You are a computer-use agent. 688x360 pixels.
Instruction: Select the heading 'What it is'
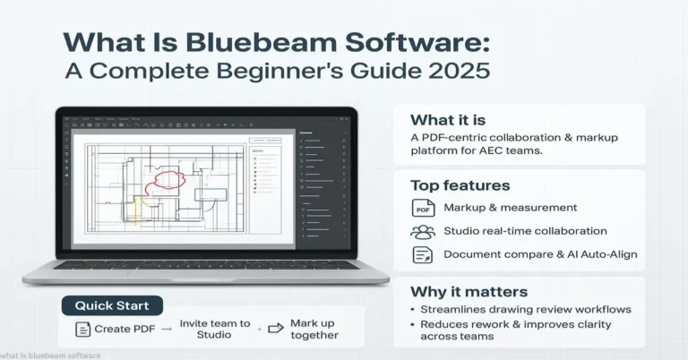(x=445, y=120)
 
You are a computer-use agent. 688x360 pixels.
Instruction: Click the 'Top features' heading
(x=460, y=185)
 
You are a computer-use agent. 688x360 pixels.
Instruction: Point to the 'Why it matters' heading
(x=469, y=291)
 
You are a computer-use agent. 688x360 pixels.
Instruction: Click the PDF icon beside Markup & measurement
(x=423, y=209)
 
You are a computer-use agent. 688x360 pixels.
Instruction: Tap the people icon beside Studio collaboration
(x=423, y=231)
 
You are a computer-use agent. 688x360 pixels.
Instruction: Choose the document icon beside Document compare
(x=423, y=254)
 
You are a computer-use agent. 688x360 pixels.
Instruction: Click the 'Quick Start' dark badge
(x=112, y=305)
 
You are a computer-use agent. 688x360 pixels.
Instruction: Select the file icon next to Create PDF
(x=82, y=330)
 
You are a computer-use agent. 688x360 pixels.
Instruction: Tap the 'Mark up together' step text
(x=314, y=329)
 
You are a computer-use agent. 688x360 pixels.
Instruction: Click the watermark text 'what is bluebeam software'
(x=51, y=356)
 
